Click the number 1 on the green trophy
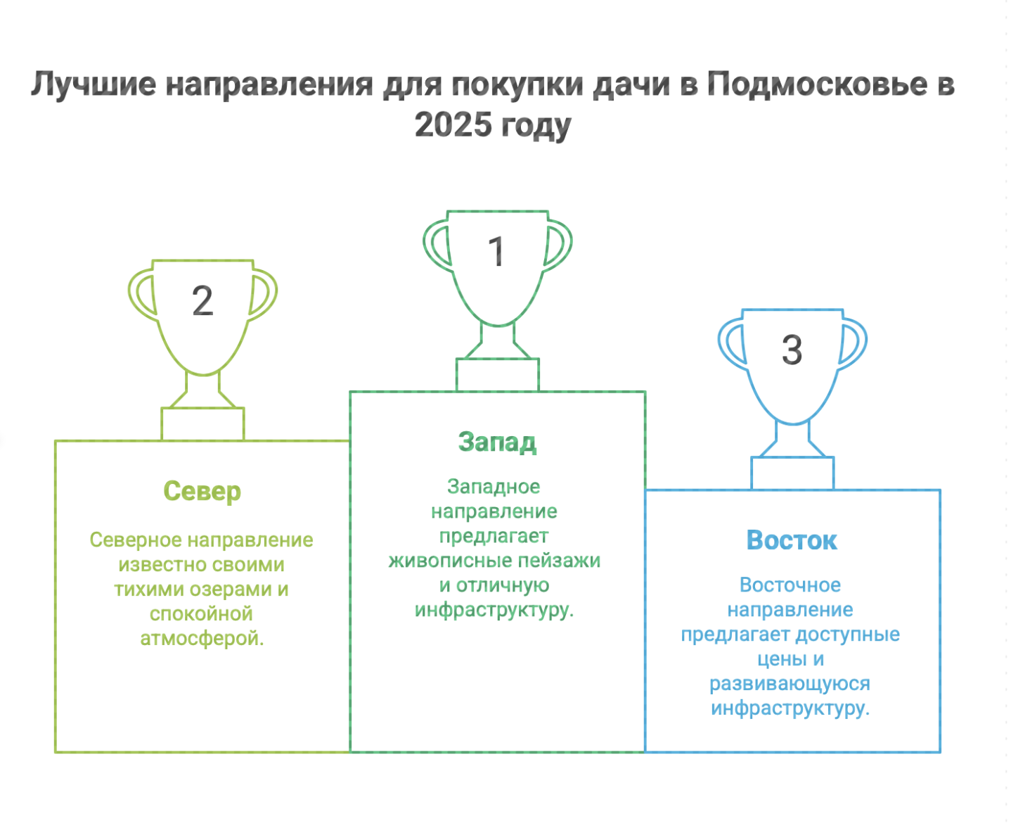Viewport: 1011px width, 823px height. (x=497, y=251)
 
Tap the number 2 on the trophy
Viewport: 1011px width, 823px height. (x=202, y=301)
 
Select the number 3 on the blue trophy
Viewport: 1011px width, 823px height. (x=792, y=350)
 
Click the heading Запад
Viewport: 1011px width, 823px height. (x=497, y=442)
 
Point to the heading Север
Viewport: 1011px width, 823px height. (x=202, y=491)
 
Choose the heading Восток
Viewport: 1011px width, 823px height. (x=792, y=540)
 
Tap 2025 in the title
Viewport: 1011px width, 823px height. (x=453, y=125)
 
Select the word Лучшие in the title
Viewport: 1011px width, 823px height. (x=94, y=84)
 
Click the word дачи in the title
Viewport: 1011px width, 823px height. (x=630, y=84)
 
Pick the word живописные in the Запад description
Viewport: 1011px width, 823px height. (x=439, y=561)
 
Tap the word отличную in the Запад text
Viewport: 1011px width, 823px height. (x=503, y=585)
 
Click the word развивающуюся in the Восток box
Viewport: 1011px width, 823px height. (x=790, y=684)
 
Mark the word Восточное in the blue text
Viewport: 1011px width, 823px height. (x=790, y=585)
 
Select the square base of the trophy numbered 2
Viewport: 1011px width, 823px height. (x=202, y=424)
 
